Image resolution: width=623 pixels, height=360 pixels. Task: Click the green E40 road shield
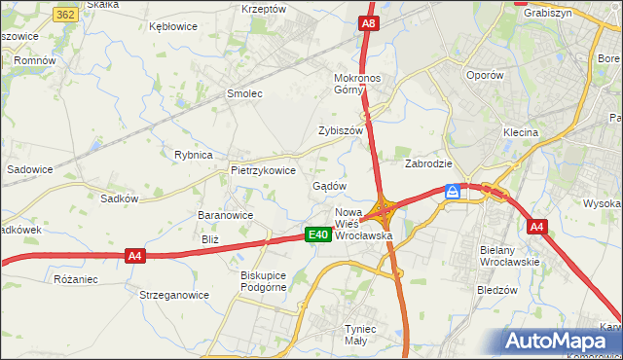[317, 234]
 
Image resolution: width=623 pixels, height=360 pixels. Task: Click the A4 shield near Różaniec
[135, 256]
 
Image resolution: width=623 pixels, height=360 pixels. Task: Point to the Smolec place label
[245, 94]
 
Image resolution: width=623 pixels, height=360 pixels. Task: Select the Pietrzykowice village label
[263, 169]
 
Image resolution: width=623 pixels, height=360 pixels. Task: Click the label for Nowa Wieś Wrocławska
[362, 224]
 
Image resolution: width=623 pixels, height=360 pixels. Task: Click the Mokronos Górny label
[361, 84]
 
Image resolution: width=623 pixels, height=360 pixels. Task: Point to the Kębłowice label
[173, 26]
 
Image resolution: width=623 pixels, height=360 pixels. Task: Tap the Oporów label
[485, 74]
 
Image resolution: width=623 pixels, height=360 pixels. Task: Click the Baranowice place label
[225, 216]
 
